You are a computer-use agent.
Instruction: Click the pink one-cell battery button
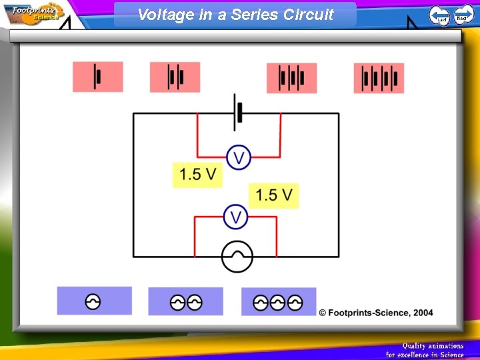point(98,77)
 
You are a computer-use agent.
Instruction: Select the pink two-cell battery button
point(175,77)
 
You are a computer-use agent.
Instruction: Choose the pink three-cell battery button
point(291,78)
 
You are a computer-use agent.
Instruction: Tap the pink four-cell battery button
point(379,78)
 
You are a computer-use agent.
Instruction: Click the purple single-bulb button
point(94,301)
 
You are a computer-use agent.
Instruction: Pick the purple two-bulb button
point(185,302)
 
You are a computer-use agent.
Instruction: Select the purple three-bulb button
point(278,302)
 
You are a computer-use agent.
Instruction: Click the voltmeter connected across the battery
point(238,158)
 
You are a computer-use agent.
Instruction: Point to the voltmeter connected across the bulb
point(235,217)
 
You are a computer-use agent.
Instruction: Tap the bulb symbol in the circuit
point(237,257)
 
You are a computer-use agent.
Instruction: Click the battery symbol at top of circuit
point(237,112)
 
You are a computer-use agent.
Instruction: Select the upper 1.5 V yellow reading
point(197,175)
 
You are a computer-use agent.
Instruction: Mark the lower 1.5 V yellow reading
point(274,195)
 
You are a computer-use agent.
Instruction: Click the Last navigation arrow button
point(439,15)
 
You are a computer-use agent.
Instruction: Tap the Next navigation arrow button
point(463,15)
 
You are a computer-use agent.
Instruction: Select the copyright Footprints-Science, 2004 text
point(376,313)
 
